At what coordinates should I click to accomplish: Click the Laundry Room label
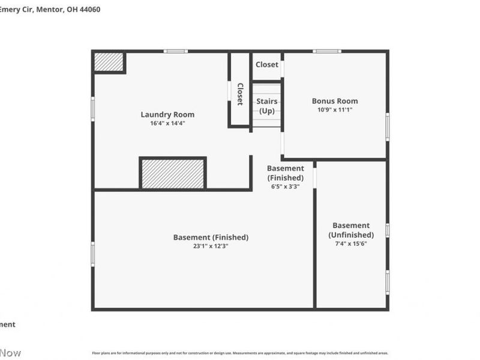[x=167, y=115]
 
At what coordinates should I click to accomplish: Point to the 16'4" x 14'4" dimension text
[x=167, y=124]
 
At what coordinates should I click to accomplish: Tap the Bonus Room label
[x=335, y=101]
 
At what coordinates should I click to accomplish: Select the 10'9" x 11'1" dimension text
[x=335, y=110]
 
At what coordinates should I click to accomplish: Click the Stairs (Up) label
[x=267, y=106]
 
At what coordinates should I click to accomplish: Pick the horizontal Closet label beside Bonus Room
[x=267, y=65]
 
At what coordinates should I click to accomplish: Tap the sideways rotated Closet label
[x=239, y=94]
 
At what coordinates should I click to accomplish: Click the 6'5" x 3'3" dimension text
[x=285, y=187]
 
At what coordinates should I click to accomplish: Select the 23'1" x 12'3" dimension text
[x=211, y=246]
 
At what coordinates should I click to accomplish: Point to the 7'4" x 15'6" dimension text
[x=351, y=244]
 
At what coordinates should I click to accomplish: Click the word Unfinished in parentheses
[x=351, y=235]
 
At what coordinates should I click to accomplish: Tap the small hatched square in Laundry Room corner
[x=109, y=62]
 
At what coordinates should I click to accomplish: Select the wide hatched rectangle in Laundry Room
[x=173, y=173]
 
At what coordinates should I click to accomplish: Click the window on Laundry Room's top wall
[x=176, y=51]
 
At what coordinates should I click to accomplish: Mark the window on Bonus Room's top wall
[x=327, y=51]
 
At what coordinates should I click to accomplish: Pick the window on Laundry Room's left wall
[x=92, y=109]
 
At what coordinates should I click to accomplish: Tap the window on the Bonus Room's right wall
[x=388, y=127]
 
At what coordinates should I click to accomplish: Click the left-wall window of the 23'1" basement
[x=92, y=254]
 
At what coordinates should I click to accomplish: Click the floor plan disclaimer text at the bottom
[x=240, y=353]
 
